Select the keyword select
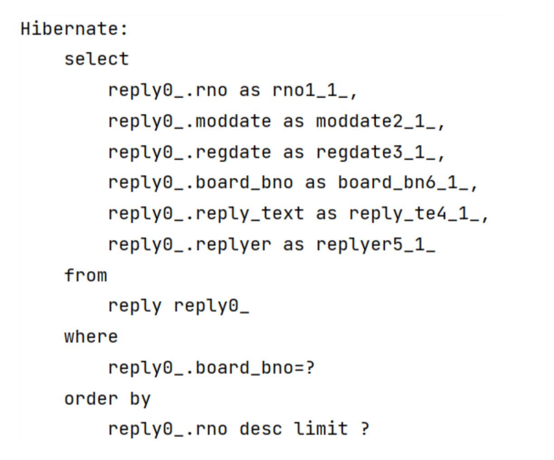(96, 59)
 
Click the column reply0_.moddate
(190, 121)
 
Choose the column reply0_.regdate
(190, 152)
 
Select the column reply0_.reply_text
(206, 213)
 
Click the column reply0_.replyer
(190, 245)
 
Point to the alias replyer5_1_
(375, 245)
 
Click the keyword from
(86, 275)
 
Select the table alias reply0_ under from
(211, 306)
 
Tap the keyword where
(91, 337)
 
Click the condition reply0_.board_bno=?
(211, 368)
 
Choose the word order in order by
(91, 399)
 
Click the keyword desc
(261, 429)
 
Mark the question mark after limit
(365, 429)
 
